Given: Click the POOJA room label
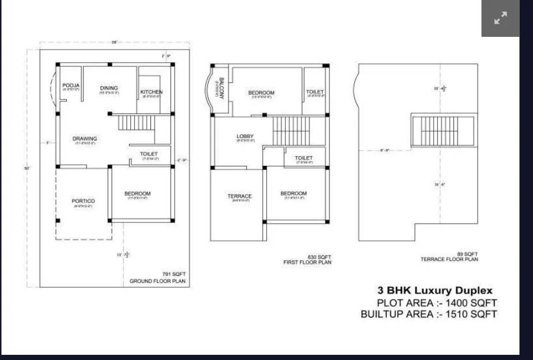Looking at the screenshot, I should pos(71,85).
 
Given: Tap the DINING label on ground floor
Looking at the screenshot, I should pos(109,88).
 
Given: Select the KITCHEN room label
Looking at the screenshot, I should pos(152,92).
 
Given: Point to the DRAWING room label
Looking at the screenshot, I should pos(85,139).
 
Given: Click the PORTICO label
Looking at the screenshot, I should pos(84,201).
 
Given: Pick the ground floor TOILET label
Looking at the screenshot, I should pos(149,154).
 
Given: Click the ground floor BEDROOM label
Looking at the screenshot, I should pos(137,194).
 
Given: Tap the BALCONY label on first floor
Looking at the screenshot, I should pos(221,88).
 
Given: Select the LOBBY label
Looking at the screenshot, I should pos(245,137).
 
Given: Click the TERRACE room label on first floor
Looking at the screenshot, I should pos(240,196).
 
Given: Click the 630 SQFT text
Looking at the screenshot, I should pos(319,257).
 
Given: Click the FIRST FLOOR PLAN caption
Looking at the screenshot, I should pos(307,263).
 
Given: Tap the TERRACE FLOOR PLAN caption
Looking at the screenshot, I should pos(449,260).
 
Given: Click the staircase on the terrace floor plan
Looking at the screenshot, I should pos(443,131).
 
